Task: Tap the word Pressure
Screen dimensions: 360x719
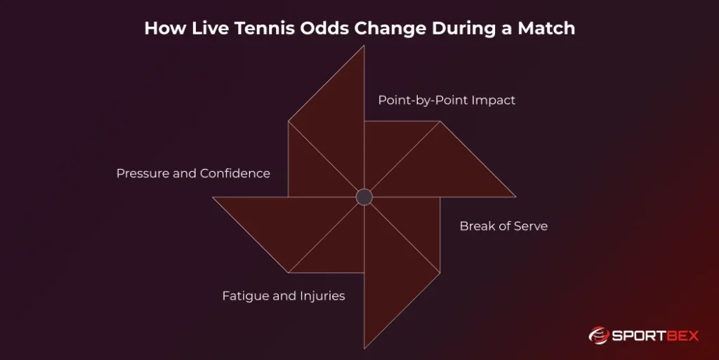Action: click(x=143, y=173)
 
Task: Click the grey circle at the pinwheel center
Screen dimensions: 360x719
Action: click(x=364, y=196)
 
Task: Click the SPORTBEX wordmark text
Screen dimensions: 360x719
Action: click(x=656, y=335)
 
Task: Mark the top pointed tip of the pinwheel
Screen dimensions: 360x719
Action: click(x=364, y=47)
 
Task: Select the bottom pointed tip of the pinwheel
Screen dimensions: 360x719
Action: click(x=364, y=347)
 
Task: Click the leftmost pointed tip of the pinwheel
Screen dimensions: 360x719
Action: click(x=214, y=197)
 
